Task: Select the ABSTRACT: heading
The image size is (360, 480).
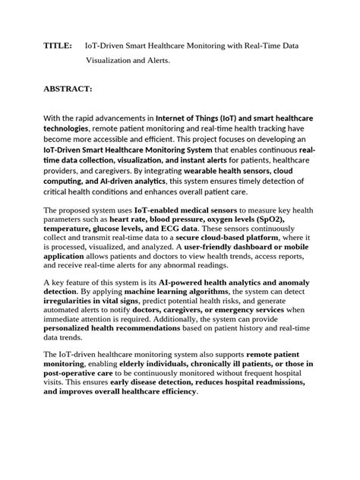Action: pyautogui.click(x=68, y=89)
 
